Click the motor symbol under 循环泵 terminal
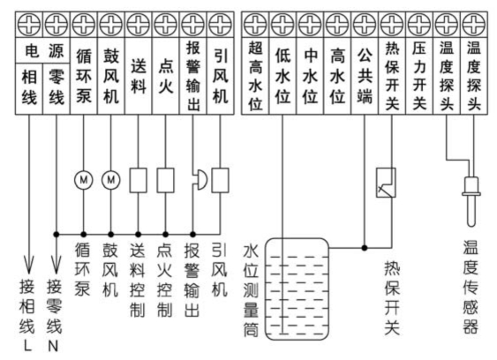84,180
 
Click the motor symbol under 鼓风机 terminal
111,180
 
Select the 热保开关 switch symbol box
386,182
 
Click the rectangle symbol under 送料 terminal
138,180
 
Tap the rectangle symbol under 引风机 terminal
221,180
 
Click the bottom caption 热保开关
391,296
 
